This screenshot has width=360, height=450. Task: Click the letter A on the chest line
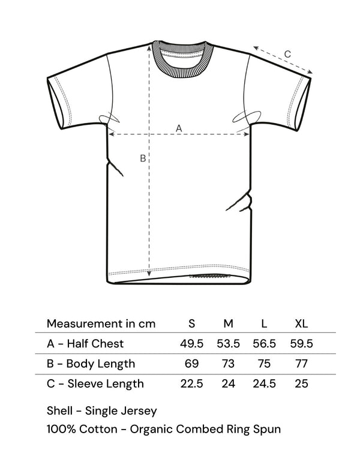[x=179, y=128]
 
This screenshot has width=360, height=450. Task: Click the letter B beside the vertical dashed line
[x=143, y=158]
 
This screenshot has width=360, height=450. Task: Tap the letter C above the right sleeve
[x=287, y=54]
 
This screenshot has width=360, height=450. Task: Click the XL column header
[x=301, y=324]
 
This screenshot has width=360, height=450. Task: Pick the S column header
[x=192, y=324]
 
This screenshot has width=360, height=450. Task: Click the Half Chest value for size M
[x=228, y=344]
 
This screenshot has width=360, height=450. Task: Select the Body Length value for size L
[x=264, y=364]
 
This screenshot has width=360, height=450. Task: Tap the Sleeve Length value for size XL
[x=301, y=384]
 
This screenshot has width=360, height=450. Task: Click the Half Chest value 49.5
[x=192, y=344]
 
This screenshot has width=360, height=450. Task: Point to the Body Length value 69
[x=192, y=364]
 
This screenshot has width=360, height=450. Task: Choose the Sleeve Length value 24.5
[x=264, y=384]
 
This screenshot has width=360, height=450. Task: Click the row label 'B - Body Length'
[x=91, y=364]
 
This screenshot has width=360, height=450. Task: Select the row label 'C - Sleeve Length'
[x=95, y=384]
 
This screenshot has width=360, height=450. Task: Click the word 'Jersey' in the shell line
[x=139, y=411]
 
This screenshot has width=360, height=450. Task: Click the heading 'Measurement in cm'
[x=101, y=324]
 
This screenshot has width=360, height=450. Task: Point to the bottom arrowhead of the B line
[x=149, y=274]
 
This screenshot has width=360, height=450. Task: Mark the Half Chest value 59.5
[x=301, y=344]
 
